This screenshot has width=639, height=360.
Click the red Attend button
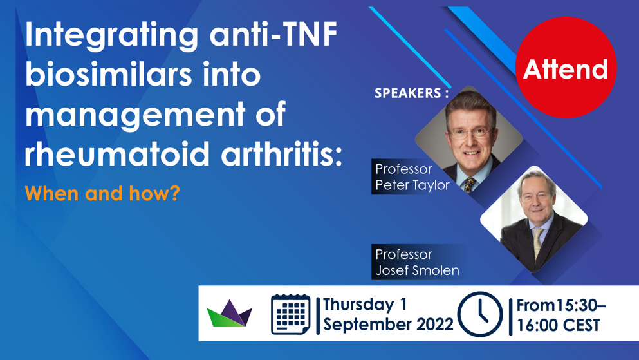(566, 68)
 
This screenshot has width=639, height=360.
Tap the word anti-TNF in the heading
(273, 34)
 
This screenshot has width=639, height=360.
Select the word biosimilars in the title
(108, 74)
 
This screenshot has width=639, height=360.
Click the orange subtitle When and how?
(102, 193)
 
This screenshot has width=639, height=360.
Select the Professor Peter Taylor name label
(412, 177)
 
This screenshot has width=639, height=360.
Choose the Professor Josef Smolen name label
(417, 261)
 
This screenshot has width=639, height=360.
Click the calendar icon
(291, 314)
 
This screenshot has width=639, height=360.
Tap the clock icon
(480, 314)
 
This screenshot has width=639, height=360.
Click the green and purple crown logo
(230, 314)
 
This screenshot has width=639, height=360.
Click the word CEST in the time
(580, 325)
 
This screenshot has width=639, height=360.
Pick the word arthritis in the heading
(281, 154)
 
